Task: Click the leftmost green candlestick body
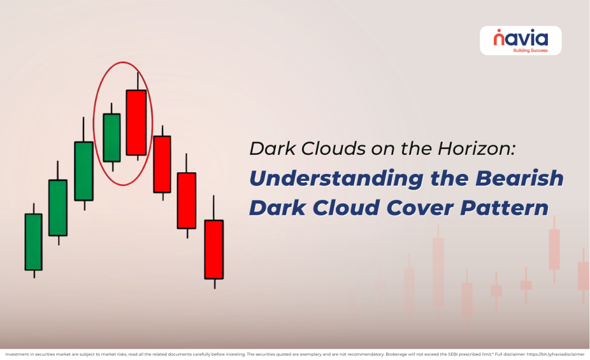(x=33, y=242)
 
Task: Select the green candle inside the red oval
(x=111, y=137)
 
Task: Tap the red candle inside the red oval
(x=137, y=122)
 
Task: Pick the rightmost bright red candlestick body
(x=214, y=249)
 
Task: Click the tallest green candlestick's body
(x=84, y=170)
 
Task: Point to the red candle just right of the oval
(x=162, y=164)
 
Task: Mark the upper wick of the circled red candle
(x=137, y=81)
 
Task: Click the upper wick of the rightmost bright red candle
(x=214, y=208)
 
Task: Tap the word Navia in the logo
(x=521, y=39)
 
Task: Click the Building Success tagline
(x=530, y=50)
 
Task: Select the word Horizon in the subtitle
(x=481, y=149)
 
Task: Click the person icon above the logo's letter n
(x=498, y=32)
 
